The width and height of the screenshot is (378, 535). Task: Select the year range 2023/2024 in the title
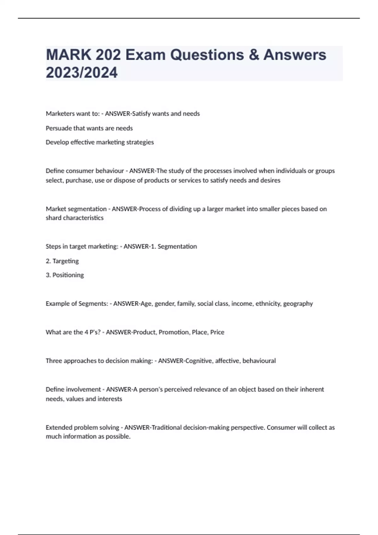[x=82, y=72]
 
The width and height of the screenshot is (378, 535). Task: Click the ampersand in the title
[x=254, y=55]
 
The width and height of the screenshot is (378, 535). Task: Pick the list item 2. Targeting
[x=62, y=261]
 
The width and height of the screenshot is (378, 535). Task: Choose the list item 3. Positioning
[x=65, y=275]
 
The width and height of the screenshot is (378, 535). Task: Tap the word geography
[x=298, y=304]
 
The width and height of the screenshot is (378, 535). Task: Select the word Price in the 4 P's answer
[x=217, y=332]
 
